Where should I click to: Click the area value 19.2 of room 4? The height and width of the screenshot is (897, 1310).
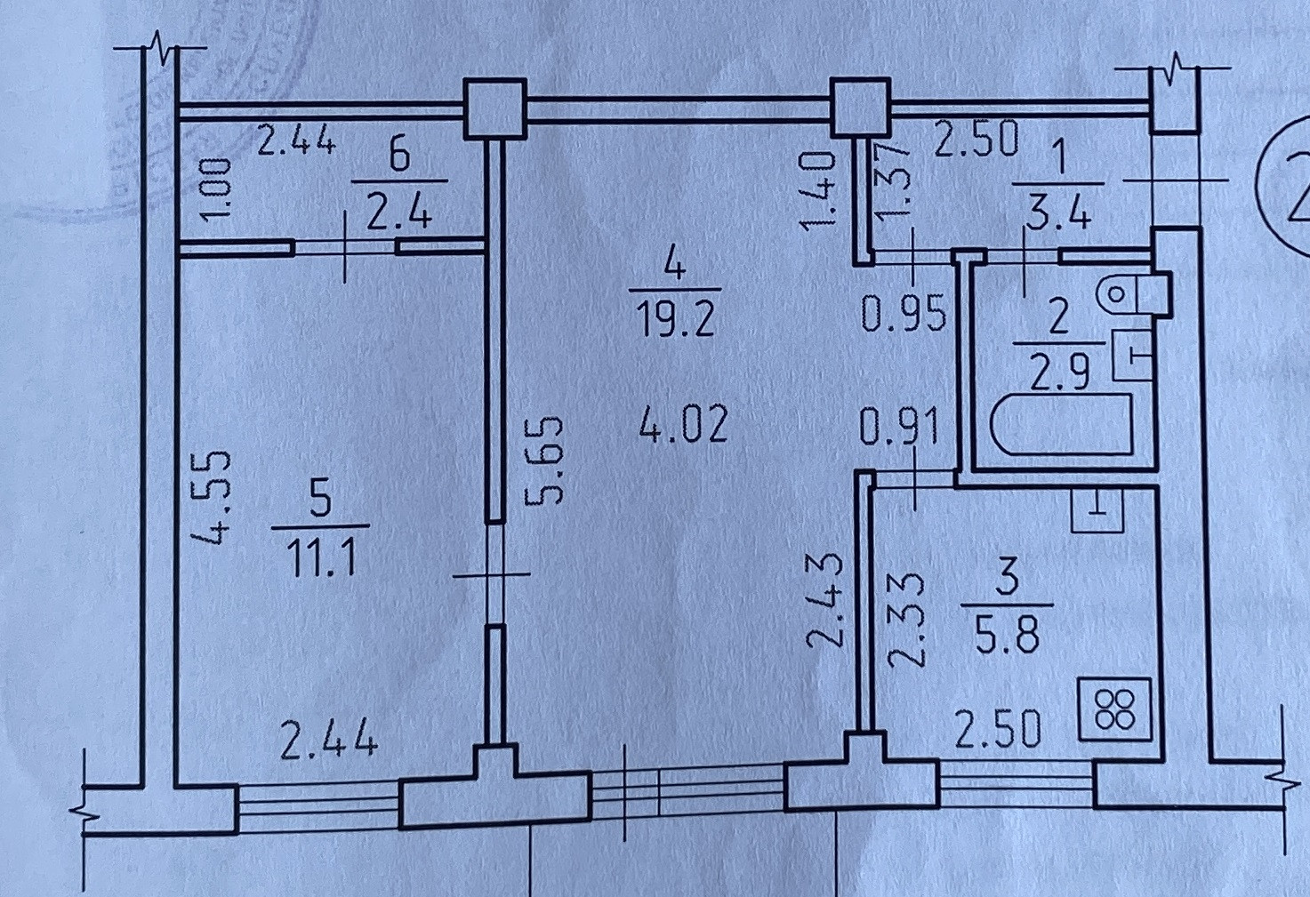click(676, 319)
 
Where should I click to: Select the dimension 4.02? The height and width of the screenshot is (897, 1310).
click(684, 424)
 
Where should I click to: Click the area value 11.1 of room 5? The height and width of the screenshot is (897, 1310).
click(321, 560)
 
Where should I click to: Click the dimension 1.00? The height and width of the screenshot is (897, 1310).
click(221, 188)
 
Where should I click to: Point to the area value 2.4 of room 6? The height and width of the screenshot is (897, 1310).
click(399, 213)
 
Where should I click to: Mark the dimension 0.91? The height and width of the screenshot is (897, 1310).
click(900, 427)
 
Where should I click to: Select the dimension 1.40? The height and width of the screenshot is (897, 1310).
click(817, 191)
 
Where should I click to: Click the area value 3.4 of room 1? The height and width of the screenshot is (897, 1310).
click(1057, 214)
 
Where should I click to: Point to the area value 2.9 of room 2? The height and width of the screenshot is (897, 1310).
click(1059, 373)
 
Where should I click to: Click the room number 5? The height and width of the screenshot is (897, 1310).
click(320, 498)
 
